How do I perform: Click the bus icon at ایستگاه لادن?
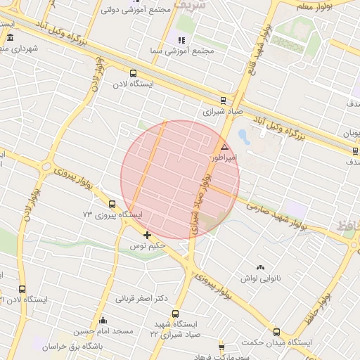(133, 72)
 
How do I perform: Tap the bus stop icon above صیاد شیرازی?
(224, 100)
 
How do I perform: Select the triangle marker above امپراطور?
(224, 147)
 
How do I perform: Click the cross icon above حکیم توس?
(146, 235)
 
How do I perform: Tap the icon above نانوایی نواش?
(261, 267)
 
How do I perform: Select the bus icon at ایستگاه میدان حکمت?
(276, 332)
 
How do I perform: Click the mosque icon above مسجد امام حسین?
(103, 321)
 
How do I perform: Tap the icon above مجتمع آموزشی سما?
(181, 40)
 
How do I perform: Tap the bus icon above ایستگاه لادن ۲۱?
(22, 289)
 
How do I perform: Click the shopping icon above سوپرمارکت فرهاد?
(221, 347)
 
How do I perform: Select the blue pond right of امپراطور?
(243, 135)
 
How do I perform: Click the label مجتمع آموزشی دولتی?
(137, 11)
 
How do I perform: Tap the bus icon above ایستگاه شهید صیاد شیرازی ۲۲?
(175, 314)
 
